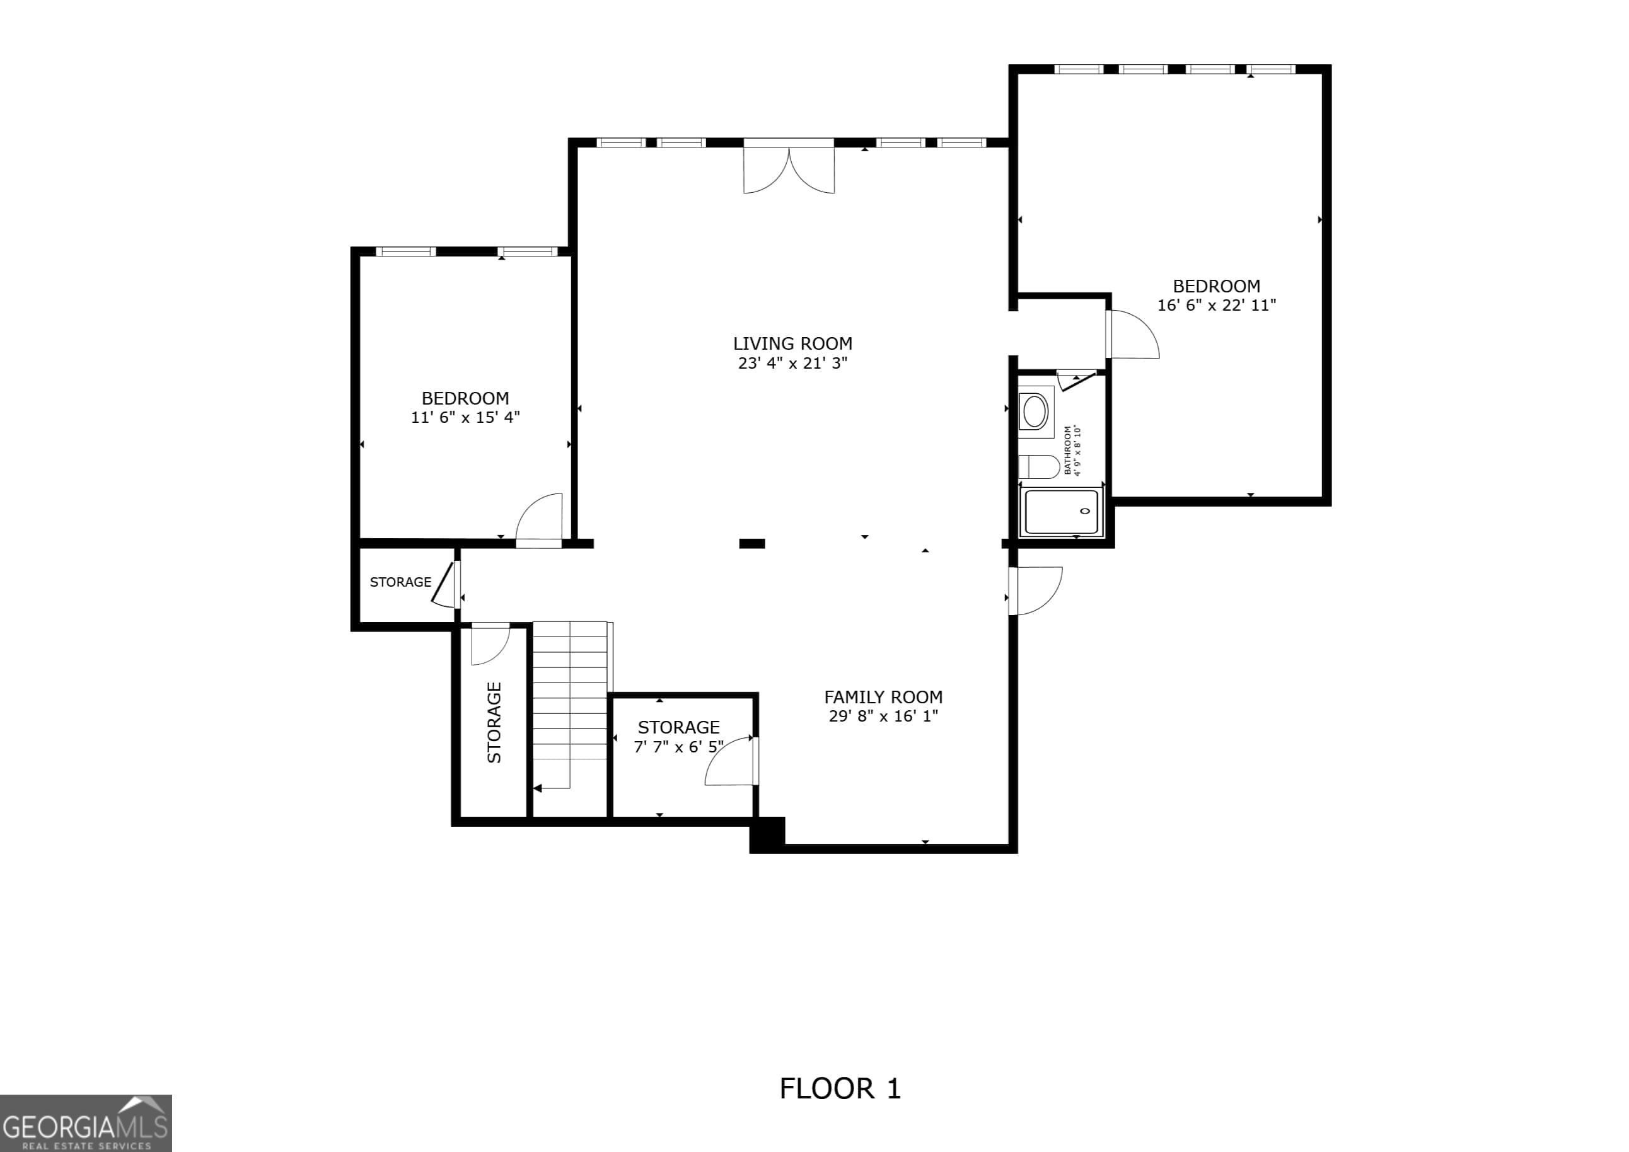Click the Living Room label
[792, 343]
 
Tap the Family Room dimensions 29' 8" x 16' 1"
[883, 716]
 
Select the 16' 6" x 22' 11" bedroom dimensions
[1216, 305]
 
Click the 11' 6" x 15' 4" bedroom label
[465, 398]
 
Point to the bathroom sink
[1035, 411]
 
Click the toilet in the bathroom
[1040, 466]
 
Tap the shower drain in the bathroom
[1085, 510]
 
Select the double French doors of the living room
[788, 169]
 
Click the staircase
[570, 702]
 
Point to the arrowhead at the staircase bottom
[538, 788]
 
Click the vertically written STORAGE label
[494, 722]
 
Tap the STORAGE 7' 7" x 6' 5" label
[678, 736]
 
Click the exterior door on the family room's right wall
[1037, 590]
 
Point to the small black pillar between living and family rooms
[751, 543]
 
